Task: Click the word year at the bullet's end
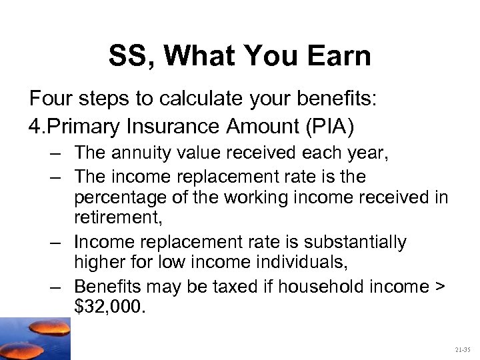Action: pyautogui.click(x=371, y=153)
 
